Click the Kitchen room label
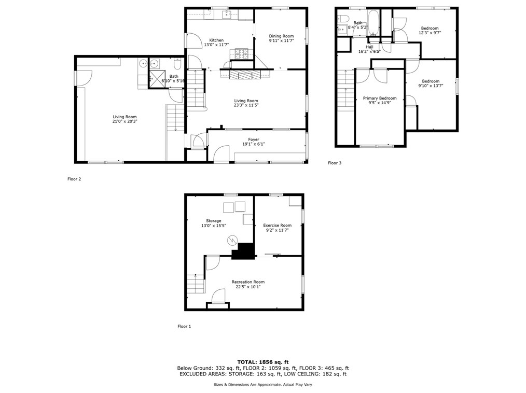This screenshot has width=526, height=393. pos(216,40)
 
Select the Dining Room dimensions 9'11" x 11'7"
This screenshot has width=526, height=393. pos(281,40)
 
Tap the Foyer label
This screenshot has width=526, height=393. pos(254,139)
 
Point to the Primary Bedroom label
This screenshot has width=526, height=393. pos(379,98)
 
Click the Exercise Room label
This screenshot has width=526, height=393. pos(277,225)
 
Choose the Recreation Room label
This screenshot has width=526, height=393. pos(248,282)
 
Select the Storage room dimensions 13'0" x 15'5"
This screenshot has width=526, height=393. pos(214,226)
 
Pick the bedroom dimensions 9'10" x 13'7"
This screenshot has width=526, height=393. pos(431,86)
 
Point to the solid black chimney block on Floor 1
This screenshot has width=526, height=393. pos(243,251)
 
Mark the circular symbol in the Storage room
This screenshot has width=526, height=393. pos(232,240)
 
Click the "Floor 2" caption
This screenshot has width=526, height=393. pos(74,179)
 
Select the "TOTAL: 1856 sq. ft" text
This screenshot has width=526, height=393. pos(262,361)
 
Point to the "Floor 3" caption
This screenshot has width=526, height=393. pos(335,163)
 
